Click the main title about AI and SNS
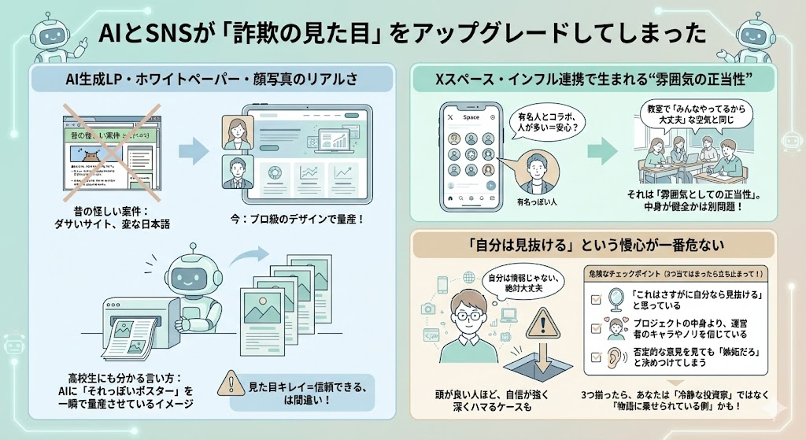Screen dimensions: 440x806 402,34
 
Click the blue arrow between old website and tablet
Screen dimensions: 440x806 190,152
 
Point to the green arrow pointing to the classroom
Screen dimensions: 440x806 602,149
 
